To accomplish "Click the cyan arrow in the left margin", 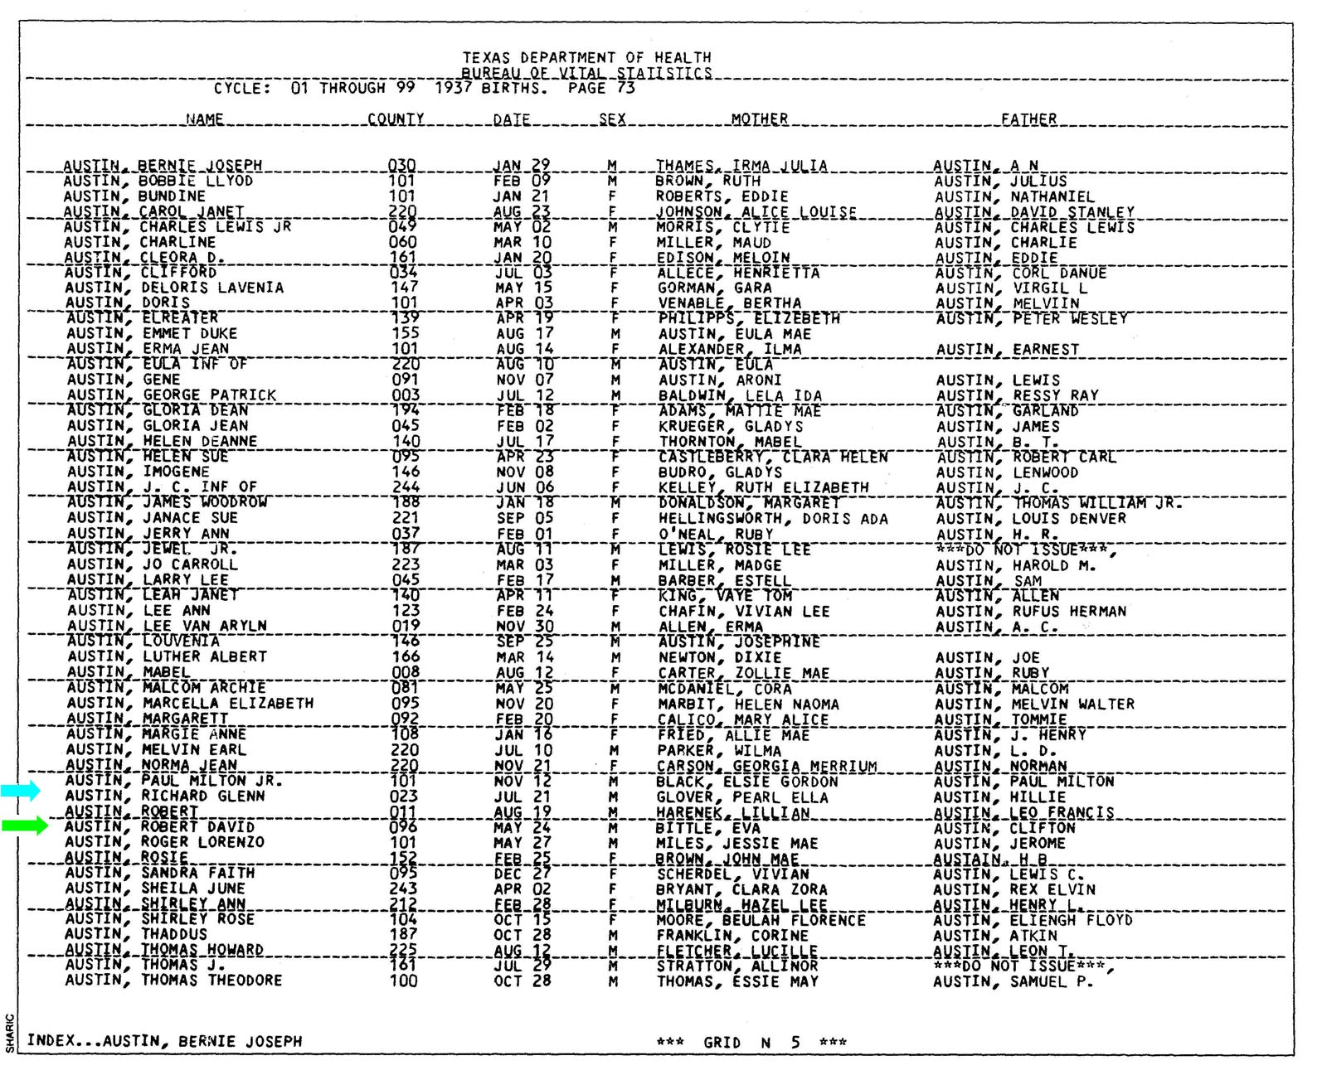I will tap(20, 791).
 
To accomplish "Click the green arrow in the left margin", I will tap(25, 826).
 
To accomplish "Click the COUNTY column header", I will tap(396, 119).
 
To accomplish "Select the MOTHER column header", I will tap(759, 119).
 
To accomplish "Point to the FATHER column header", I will tap(1028, 119).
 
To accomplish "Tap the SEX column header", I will tap(612, 119).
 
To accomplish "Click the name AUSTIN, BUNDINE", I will tap(134, 196).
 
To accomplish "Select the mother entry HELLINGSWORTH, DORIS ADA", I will tap(773, 519).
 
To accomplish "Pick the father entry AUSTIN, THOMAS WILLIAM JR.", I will tap(1057, 503).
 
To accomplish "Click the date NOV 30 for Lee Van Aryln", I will tap(524, 627).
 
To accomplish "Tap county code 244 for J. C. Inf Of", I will tap(406, 487).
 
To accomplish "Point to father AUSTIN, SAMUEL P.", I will tap(1013, 982).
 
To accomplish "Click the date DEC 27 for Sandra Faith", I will tap(524, 874).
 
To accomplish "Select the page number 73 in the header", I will tap(625, 88).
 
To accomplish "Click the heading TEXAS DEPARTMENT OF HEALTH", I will tap(586, 58).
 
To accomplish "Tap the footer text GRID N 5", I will tap(751, 1043).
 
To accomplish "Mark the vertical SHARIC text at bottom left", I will tap(10, 1034).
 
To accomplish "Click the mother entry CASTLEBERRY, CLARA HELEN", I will tap(773, 458).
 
